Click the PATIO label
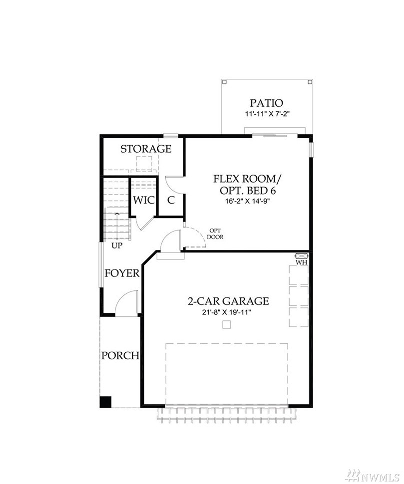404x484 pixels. point(266,103)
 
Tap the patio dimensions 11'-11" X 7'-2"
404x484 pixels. point(267,114)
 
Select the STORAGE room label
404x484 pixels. point(146,149)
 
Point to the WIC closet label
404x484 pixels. point(144,200)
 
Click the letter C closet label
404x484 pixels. point(171,200)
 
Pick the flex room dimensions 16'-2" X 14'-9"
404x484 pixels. point(248,201)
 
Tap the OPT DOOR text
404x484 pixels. point(215,234)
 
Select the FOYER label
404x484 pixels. point(122,273)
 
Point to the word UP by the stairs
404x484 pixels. point(117,245)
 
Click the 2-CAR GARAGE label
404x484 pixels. point(228,301)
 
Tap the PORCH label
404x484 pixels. point(120,356)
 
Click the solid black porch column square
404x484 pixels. point(105,402)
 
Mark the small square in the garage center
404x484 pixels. point(227,324)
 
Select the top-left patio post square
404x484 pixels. point(225,82)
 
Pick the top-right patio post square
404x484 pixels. point(310,82)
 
